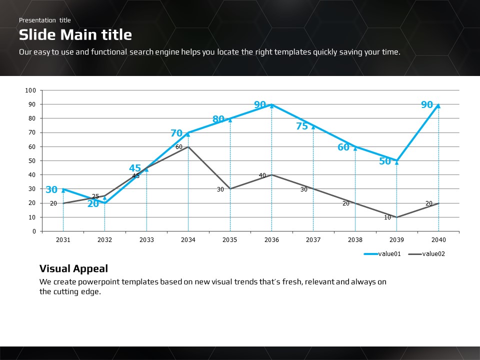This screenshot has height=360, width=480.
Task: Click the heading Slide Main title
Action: point(75,34)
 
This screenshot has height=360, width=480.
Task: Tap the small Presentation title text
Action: point(45,20)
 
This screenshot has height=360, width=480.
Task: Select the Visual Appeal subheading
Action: point(73,268)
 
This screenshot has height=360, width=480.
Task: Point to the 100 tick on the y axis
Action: point(30,90)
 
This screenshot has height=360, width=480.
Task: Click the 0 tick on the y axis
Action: point(34,231)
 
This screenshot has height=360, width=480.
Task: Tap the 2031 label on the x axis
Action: point(63,240)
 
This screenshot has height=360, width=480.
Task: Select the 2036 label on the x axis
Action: point(271,240)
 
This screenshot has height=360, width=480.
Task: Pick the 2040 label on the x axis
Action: point(438,240)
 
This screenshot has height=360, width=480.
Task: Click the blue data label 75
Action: point(302,126)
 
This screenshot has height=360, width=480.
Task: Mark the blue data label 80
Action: point(218,119)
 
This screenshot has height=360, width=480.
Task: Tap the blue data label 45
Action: point(135,168)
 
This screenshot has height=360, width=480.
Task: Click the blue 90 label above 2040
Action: point(427,105)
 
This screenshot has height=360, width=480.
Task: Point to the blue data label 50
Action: point(385,161)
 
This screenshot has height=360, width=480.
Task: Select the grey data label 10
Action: point(387,217)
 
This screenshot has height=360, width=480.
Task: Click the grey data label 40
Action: point(262,175)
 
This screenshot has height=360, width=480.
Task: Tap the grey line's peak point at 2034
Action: point(188,146)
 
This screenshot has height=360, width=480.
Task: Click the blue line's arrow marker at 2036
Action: point(271,105)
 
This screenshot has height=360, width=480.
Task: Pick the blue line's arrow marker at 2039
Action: point(397,161)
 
